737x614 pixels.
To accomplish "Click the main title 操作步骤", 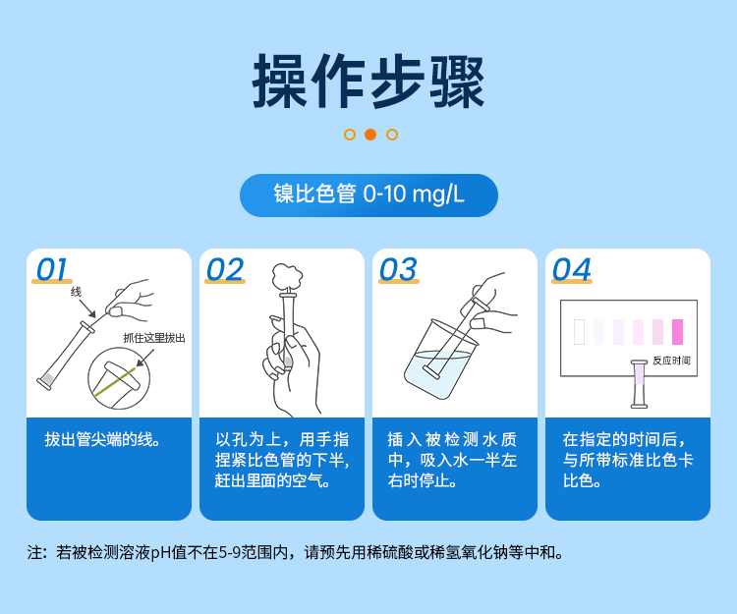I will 368,81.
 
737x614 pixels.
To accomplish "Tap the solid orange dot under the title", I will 370,135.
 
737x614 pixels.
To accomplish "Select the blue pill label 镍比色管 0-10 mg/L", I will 368,195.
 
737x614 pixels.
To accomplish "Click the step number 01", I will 51,269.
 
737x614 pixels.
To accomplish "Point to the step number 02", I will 224,269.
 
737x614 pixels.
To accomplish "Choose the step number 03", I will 397,269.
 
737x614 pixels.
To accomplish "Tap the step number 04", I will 571,269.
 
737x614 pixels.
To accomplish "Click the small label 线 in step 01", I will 77,292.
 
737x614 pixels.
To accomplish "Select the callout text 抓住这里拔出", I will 154,337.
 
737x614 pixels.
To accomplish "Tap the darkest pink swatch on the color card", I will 677,331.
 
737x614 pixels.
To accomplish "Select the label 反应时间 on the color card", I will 671,361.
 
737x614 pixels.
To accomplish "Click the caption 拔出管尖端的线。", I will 103,439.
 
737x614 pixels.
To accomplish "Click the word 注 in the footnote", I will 35,552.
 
